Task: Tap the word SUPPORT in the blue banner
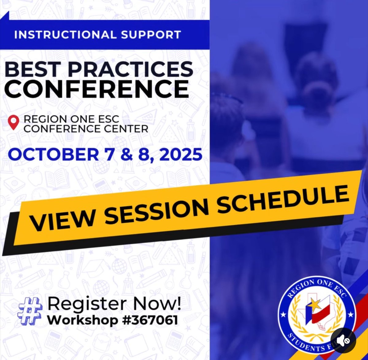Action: (150, 34)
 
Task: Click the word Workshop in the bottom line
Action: (82, 320)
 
